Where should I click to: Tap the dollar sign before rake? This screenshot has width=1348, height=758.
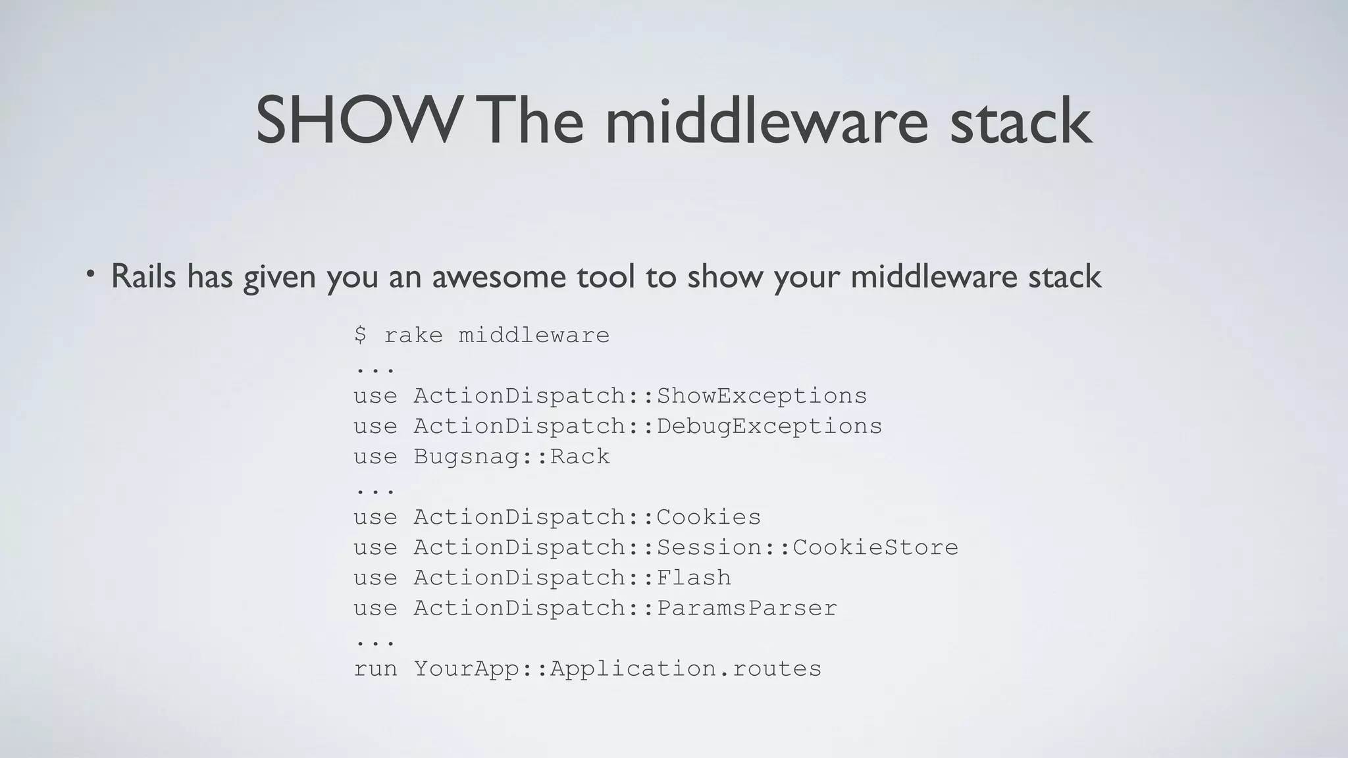click(x=360, y=335)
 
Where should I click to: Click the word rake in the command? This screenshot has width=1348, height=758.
click(x=413, y=335)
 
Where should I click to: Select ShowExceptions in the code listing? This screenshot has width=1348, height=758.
click(x=762, y=395)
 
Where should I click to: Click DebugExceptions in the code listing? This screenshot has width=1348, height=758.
click(x=769, y=426)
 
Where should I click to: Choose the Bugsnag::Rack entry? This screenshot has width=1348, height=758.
click(x=511, y=456)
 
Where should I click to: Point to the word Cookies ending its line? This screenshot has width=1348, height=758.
click(x=708, y=517)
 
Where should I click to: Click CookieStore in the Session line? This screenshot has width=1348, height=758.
click(x=875, y=547)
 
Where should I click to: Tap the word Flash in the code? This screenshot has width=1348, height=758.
click(x=694, y=577)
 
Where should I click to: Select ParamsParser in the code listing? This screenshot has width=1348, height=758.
click(x=746, y=607)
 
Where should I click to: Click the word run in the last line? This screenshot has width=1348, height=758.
click(x=375, y=669)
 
